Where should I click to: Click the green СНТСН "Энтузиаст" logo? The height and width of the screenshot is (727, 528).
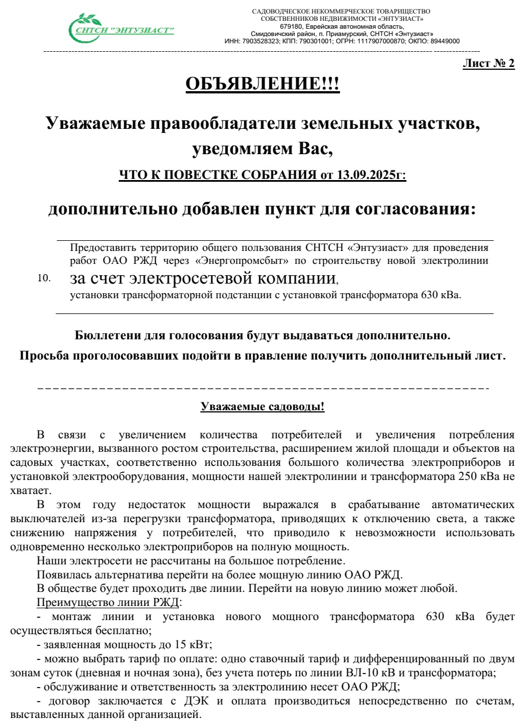[x=121, y=28]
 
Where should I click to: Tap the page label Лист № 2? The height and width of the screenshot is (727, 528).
[x=488, y=64]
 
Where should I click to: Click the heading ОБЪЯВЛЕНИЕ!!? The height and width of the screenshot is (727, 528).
[x=262, y=84]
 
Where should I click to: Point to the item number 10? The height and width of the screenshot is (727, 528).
[x=44, y=278]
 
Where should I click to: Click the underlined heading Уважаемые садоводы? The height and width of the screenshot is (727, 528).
[x=262, y=407]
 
